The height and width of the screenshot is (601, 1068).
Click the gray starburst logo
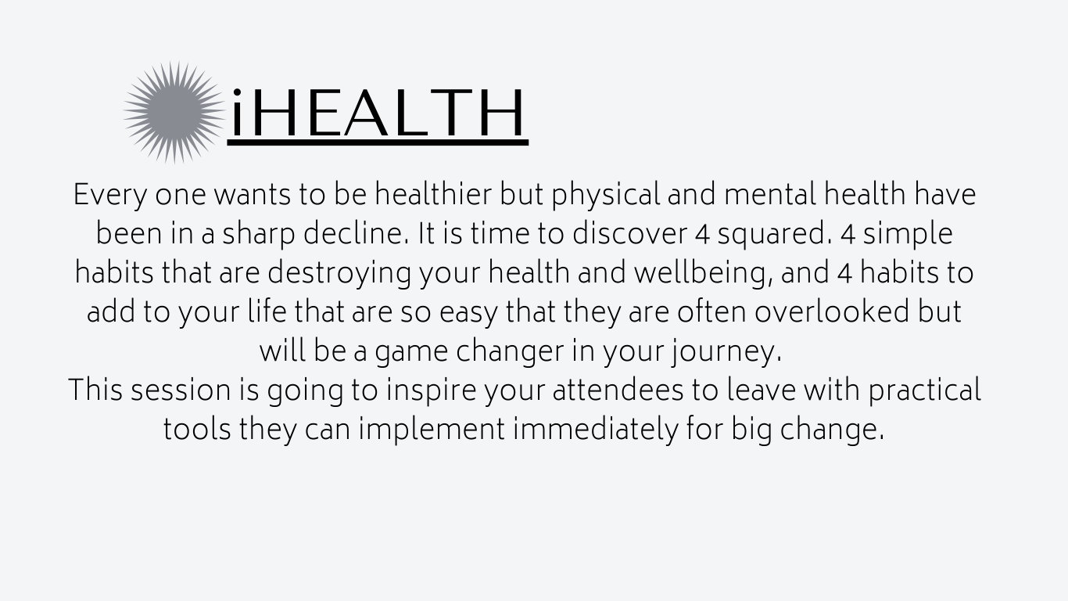tap(174, 113)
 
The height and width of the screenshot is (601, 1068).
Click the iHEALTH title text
tap(378, 112)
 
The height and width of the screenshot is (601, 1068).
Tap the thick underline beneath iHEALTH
tap(378, 142)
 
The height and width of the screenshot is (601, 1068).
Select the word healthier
tap(433, 194)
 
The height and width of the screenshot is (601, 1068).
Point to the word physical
tap(606, 195)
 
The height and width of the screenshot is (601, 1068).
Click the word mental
tap(770, 194)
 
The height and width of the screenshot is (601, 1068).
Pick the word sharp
tap(259, 235)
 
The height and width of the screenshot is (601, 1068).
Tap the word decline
tap(356, 233)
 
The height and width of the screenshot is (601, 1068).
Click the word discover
tap(629, 233)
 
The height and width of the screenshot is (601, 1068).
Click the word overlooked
tap(832, 311)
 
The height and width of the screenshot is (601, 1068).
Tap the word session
tap(181, 390)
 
